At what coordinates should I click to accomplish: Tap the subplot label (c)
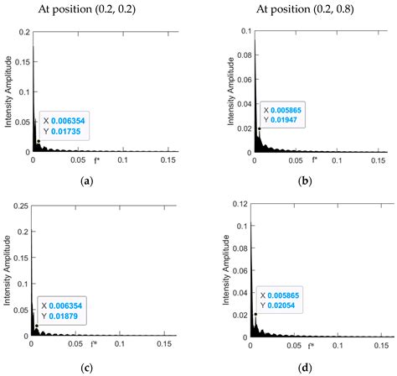[85, 367]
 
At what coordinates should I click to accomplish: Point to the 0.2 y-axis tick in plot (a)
[22, 31]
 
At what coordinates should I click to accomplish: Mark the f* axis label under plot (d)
[311, 346]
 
